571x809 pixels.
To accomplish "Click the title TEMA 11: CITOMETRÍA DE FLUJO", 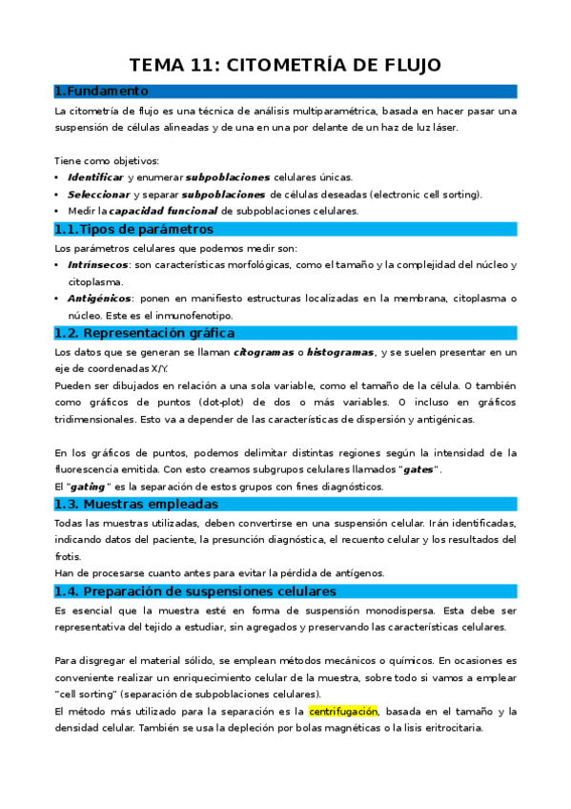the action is tap(285, 65).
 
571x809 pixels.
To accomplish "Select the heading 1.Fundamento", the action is tap(102, 92).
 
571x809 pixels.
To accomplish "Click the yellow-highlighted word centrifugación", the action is tap(343, 711).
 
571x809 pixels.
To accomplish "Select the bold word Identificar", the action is tap(95, 177).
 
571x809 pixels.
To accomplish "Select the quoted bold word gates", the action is tap(418, 469).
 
